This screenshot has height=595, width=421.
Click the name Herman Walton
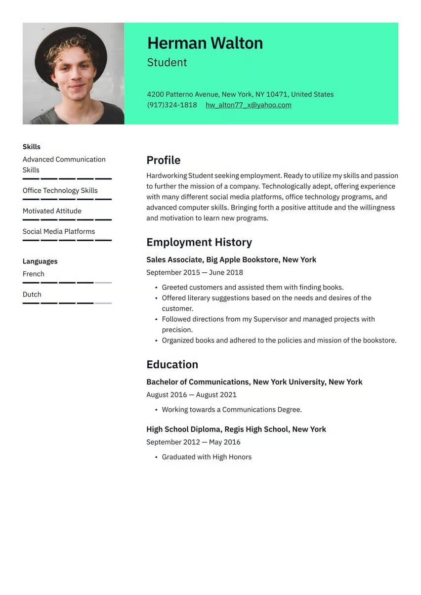pos(205,43)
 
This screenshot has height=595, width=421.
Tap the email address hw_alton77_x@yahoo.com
pos(248,105)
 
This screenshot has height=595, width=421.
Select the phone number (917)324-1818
pos(171,105)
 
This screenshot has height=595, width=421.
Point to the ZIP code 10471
pos(276,94)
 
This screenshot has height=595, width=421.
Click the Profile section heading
pos(163,160)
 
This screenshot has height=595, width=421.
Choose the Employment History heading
pos(199,242)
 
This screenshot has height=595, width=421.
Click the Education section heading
pos(172,364)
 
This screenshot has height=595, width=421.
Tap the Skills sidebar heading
pos(32,147)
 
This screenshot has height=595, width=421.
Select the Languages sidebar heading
pos(40,261)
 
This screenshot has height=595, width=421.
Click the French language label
pos(34,274)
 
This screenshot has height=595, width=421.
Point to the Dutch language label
pos(32,294)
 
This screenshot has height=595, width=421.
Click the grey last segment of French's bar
pos(103,283)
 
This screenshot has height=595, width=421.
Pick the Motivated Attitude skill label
pos(52,211)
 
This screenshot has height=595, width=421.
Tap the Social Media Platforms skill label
pos(59,231)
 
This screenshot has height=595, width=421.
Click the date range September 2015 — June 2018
pos(195,272)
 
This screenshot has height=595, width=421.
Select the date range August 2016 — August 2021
pos(191,394)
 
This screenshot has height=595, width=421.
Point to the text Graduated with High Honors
pos(207,457)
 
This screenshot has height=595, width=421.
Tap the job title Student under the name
pos(167,62)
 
